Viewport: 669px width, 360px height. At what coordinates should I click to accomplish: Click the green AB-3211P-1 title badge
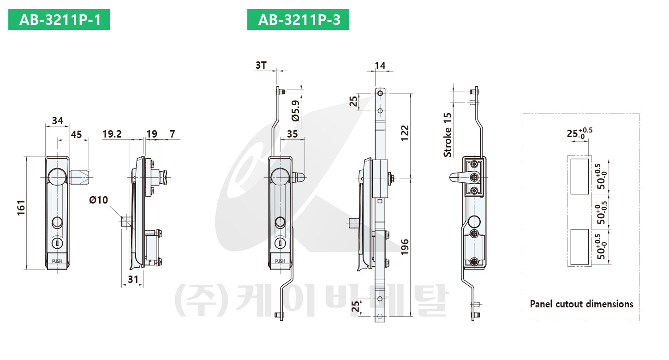(x=59, y=20)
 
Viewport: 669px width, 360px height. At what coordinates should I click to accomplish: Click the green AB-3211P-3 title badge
(x=298, y=20)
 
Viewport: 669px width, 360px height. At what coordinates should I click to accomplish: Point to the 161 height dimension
(x=21, y=208)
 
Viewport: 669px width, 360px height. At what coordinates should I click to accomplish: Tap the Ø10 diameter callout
(x=99, y=200)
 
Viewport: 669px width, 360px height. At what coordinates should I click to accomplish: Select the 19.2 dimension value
(x=112, y=134)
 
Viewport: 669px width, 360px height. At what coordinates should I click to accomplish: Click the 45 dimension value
(x=76, y=134)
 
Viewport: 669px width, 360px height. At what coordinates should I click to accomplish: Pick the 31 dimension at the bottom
(x=133, y=279)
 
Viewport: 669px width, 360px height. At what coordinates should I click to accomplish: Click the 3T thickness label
(x=261, y=65)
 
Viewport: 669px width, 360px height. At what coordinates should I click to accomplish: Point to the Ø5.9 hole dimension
(x=295, y=111)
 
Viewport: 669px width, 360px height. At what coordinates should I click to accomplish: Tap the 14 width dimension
(x=380, y=66)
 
